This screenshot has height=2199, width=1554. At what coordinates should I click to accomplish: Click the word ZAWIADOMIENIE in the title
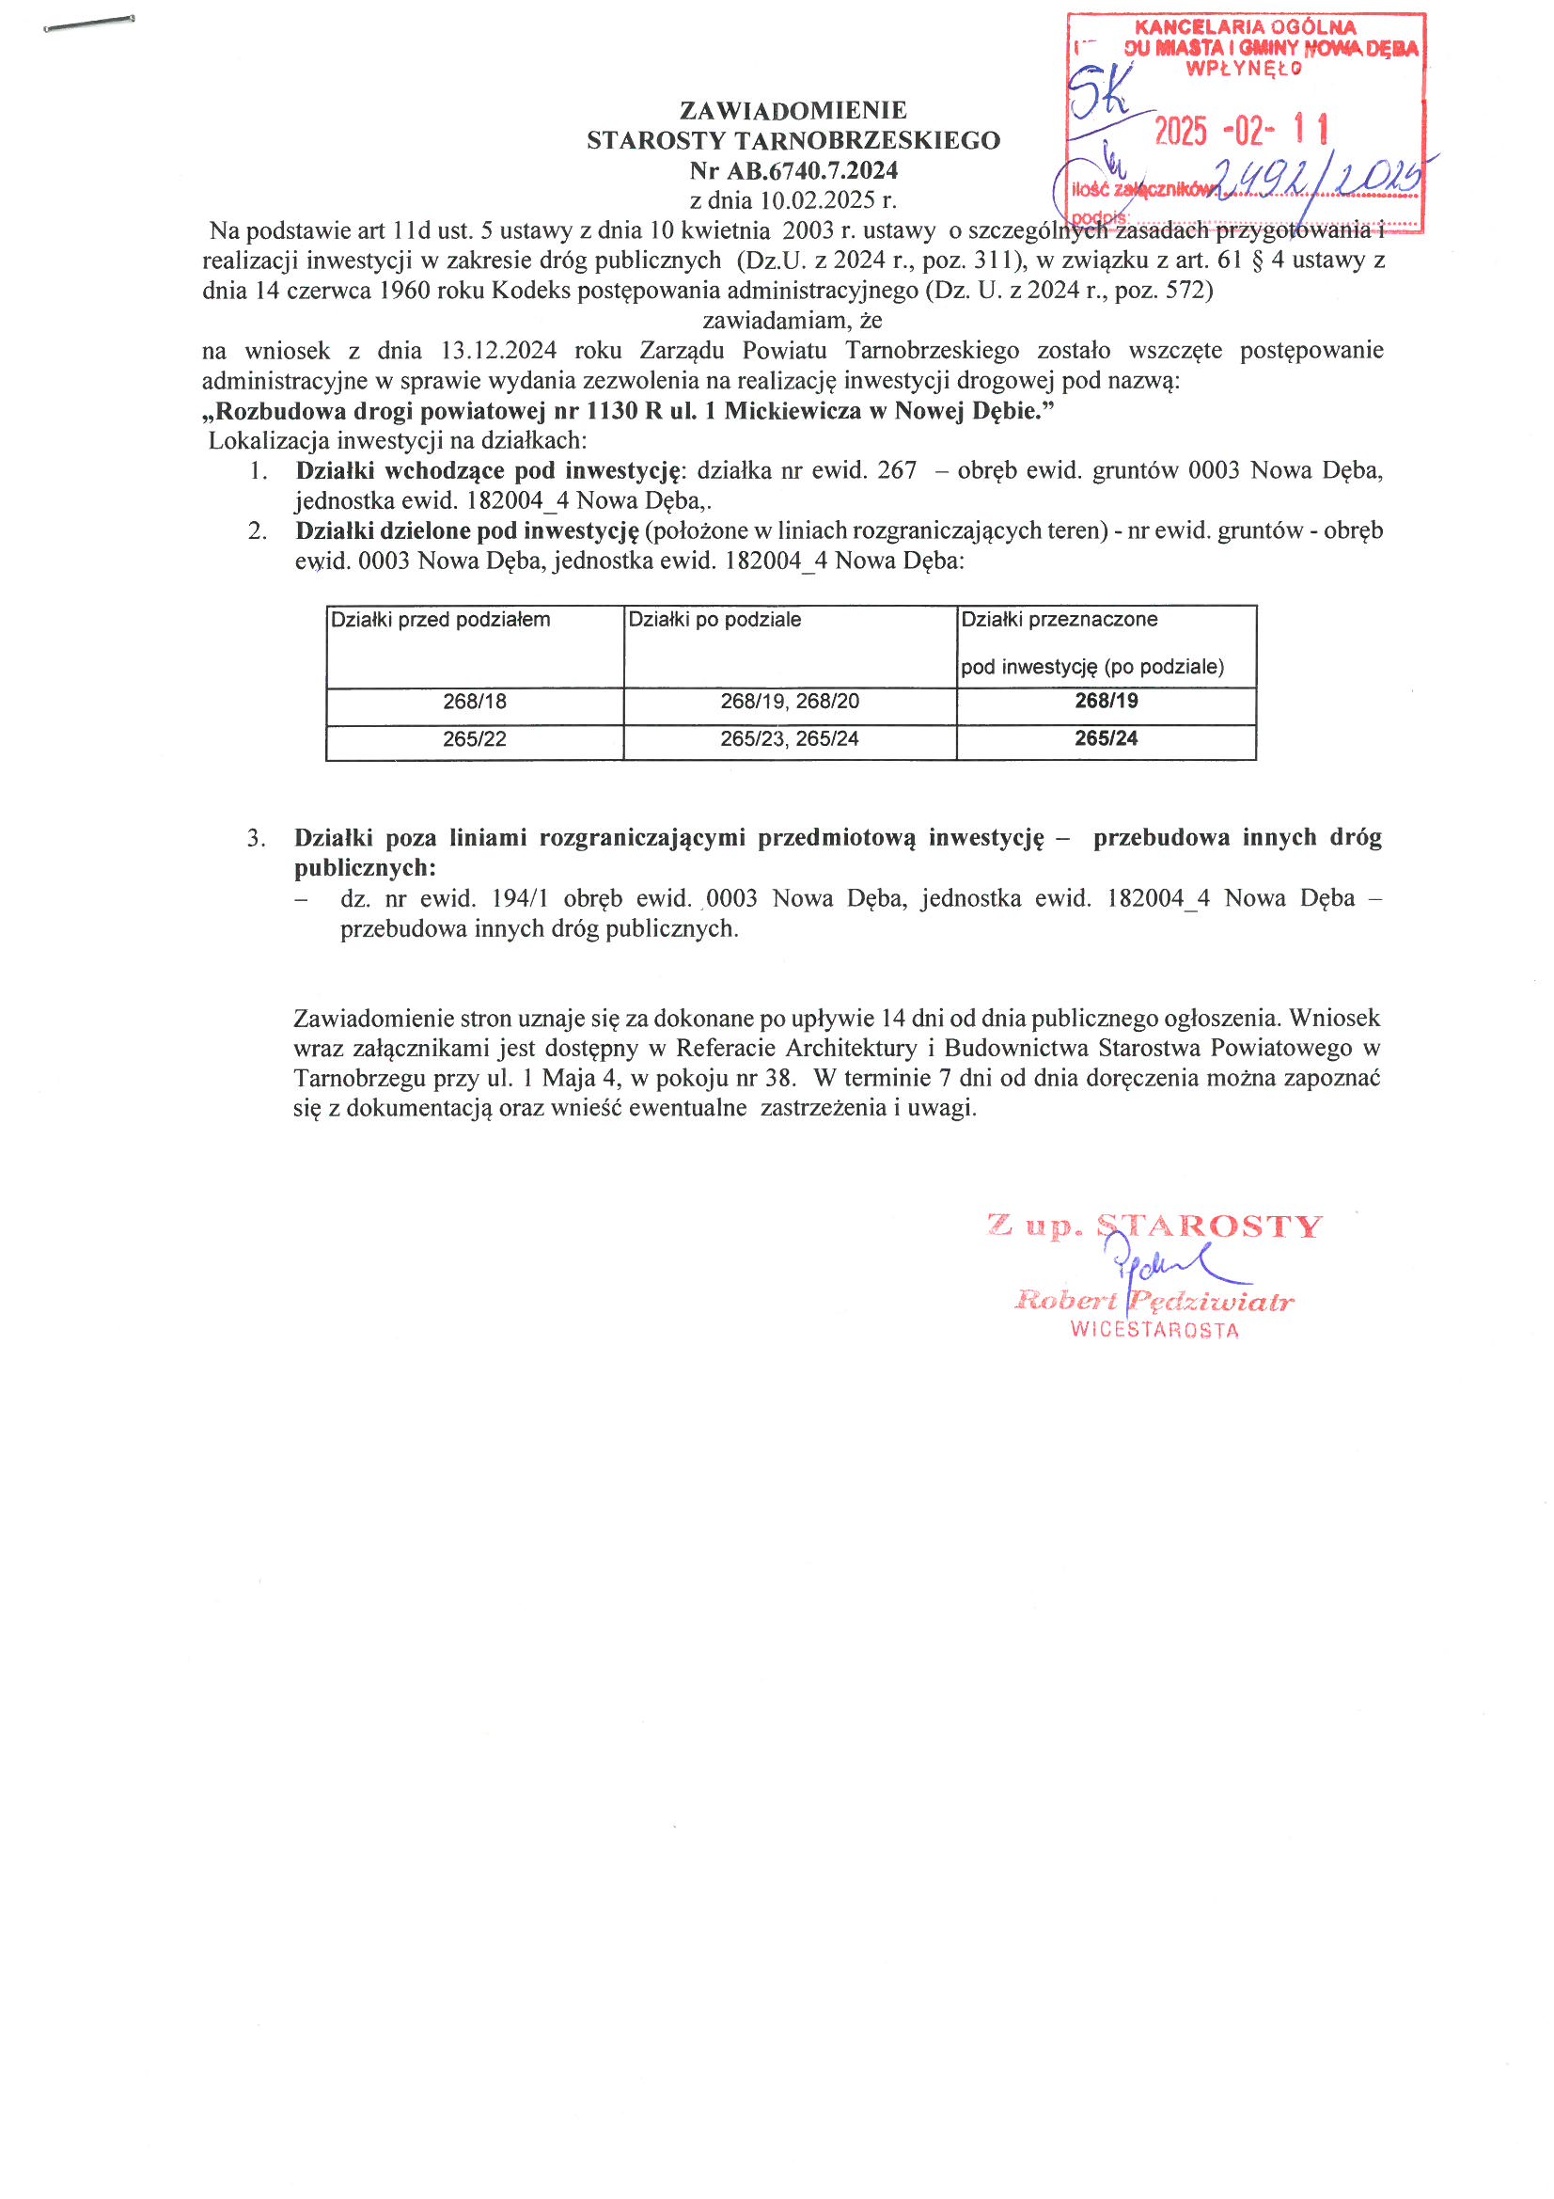793,111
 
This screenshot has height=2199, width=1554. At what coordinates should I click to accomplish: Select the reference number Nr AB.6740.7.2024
793,171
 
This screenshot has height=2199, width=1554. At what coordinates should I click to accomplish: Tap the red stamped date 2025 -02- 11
1241,130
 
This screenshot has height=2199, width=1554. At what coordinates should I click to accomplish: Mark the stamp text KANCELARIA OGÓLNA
1245,28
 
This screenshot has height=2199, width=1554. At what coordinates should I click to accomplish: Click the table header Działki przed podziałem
441,620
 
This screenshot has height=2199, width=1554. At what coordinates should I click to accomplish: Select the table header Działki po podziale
714,620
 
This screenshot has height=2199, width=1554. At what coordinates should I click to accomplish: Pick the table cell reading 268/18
474,702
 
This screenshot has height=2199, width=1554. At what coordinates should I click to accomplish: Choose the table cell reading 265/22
474,739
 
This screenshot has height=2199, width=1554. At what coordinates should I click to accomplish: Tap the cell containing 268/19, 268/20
789,702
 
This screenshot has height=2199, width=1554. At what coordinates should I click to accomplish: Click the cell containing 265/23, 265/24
789,739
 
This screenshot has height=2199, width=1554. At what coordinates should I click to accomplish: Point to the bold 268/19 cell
1106,701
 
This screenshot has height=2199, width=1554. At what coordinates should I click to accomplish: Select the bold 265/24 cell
1106,738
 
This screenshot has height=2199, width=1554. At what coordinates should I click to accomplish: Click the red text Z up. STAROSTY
1154,1226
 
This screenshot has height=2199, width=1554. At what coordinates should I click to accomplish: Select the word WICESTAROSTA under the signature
1154,1330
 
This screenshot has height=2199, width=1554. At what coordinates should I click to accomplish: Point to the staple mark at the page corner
89,24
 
